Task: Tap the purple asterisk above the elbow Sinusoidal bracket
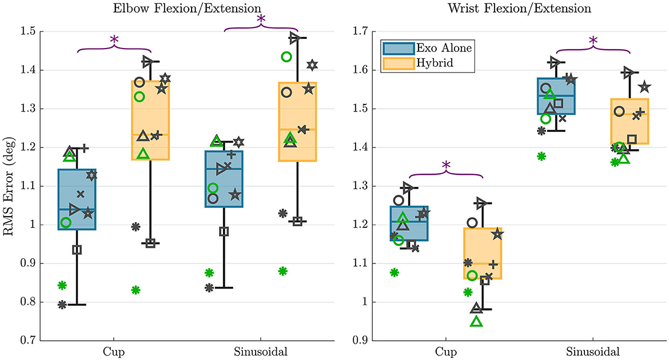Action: [261, 19]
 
